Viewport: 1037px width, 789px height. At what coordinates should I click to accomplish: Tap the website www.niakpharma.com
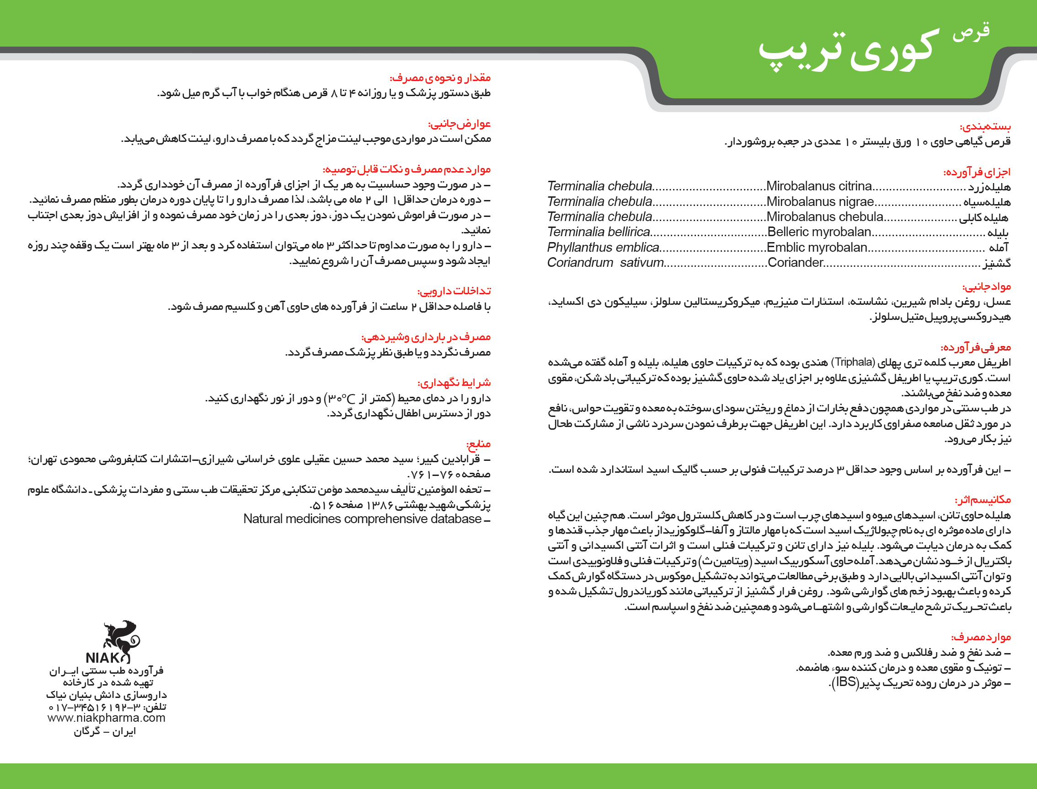[x=107, y=718]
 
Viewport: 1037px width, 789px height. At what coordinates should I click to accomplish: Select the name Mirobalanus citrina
[x=819, y=186]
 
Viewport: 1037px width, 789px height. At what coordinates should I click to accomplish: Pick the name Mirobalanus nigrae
[x=820, y=202]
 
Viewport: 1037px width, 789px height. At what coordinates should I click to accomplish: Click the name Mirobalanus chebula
[x=824, y=217]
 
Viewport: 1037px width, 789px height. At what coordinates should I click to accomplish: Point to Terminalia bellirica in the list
[x=598, y=232]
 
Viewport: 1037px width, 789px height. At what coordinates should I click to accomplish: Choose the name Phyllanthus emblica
[x=603, y=248]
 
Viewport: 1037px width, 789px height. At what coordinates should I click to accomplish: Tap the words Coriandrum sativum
[x=605, y=263]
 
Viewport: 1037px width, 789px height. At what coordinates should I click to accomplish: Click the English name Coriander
[x=795, y=263]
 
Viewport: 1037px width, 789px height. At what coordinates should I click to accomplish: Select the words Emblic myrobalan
[x=817, y=248]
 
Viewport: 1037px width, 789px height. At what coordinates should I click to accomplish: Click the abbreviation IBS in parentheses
[x=846, y=682]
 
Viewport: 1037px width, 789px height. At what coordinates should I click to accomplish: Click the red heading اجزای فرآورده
[x=977, y=172]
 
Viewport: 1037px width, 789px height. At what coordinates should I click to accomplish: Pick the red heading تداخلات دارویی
[x=454, y=291]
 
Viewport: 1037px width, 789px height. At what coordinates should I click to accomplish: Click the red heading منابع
[x=478, y=444]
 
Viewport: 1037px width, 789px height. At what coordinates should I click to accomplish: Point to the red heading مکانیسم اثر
[x=983, y=500]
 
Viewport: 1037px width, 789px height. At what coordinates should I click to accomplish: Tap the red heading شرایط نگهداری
[x=454, y=383]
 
